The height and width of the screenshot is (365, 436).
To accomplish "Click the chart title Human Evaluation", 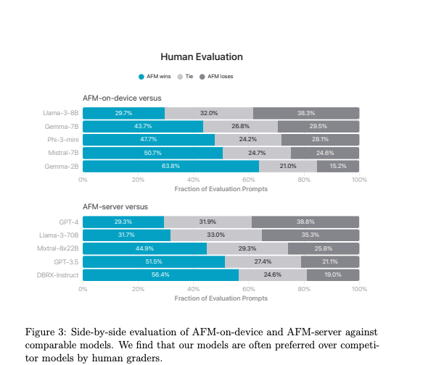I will (x=202, y=56).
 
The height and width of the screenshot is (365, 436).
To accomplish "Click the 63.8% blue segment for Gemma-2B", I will (x=170, y=167).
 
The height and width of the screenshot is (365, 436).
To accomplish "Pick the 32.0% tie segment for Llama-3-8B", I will (x=209, y=113).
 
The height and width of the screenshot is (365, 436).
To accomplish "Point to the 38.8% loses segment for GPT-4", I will (x=305, y=222).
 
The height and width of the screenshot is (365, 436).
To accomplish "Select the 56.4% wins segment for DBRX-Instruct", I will (x=160, y=275).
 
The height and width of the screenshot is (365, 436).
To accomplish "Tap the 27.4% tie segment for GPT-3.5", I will (x=263, y=261).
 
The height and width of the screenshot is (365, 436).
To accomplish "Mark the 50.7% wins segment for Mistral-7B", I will (x=152, y=153).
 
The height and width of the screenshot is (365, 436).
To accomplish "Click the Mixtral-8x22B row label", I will (x=59, y=248).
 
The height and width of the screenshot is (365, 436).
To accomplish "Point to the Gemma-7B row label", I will (x=61, y=127).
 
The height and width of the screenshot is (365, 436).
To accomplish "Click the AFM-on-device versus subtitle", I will (x=121, y=98).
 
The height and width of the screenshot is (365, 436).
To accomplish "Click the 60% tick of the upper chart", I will (x=249, y=179).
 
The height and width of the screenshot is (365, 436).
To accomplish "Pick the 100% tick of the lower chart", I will (x=358, y=288).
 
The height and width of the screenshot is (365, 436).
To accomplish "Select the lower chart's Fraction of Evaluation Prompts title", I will (x=221, y=298).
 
